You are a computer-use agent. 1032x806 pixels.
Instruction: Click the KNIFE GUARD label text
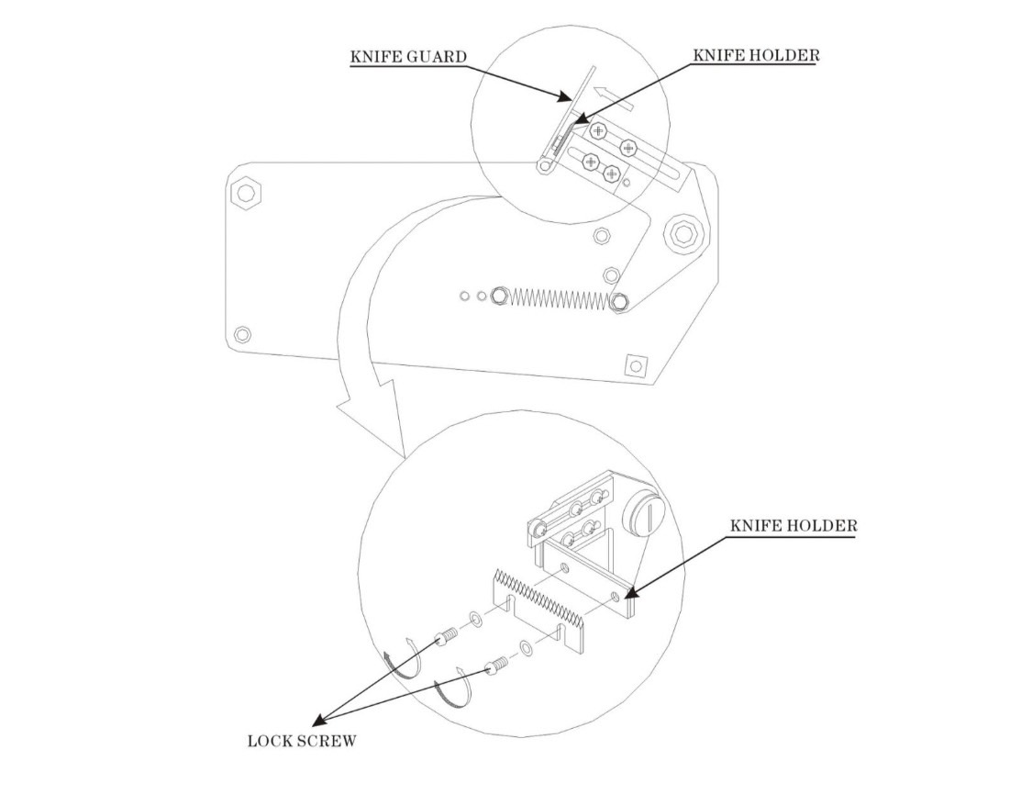408,57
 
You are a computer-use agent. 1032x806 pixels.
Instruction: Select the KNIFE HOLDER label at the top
756,55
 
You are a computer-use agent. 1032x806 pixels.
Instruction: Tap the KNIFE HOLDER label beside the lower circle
793,525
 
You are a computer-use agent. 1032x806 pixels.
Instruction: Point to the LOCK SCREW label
302,741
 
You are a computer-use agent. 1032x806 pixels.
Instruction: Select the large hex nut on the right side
686,233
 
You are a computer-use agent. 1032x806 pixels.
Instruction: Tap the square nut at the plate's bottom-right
635,364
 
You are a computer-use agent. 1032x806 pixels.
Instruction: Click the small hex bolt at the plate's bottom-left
242,334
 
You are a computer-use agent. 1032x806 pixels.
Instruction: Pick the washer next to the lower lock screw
527,648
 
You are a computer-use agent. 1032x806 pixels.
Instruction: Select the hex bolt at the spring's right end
618,302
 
